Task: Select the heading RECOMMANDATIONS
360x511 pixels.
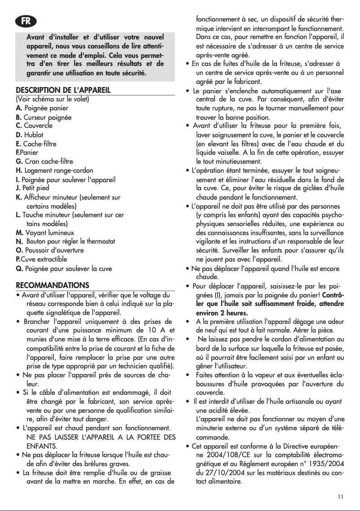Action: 53,285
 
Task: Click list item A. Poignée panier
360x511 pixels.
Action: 42,108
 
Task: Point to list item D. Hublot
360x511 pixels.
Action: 30,135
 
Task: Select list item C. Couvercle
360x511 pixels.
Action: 34,126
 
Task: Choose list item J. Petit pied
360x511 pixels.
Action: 32,188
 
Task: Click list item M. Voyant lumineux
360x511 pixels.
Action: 45,232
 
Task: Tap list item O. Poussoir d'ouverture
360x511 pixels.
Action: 50,250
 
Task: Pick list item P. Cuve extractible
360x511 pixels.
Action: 41,259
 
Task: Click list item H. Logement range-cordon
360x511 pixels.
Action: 55,170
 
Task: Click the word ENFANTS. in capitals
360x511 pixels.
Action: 42,446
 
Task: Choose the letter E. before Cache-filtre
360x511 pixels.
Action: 19,144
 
